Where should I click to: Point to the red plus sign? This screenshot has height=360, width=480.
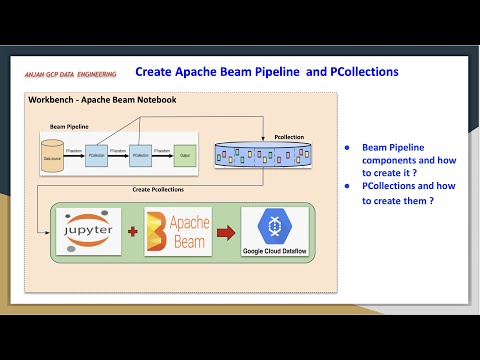(x=133, y=231)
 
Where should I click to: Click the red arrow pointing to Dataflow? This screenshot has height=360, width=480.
(x=227, y=232)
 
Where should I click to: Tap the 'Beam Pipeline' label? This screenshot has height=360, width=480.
(x=70, y=128)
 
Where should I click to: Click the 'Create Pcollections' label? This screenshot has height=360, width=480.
(x=158, y=188)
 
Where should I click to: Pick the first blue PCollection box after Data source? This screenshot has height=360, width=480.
(x=97, y=158)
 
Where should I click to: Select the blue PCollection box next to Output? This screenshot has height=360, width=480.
(x=140, y=158)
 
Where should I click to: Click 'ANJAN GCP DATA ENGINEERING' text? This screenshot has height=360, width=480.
(x=71, y=75)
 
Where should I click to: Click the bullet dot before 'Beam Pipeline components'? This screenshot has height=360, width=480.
(x=346, y=147)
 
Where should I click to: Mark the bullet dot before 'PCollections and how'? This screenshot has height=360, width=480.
(x=346, y=186)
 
